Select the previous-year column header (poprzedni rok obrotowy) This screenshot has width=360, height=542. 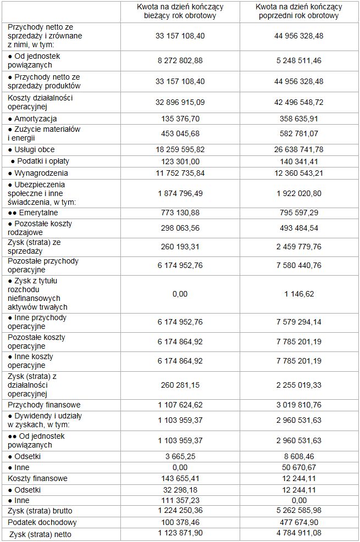click(x=298, y=12)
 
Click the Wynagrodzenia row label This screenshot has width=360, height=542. click(x=37, y=173)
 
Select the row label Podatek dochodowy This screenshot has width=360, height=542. click(x=42, y=522)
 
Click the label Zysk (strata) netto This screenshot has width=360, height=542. click(x=41, y=534)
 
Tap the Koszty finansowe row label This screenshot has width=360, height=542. click(x=38, y=478)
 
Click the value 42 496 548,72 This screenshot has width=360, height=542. click(x=298, y=102)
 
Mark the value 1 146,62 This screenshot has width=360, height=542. click(x=298, y=294)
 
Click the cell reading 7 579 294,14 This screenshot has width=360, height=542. click(x=298, y=322)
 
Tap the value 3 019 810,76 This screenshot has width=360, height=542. click(x=298, y=405)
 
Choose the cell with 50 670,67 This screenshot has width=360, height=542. click(x=298, y=467)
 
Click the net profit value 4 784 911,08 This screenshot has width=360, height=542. click(x=298, y=534)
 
